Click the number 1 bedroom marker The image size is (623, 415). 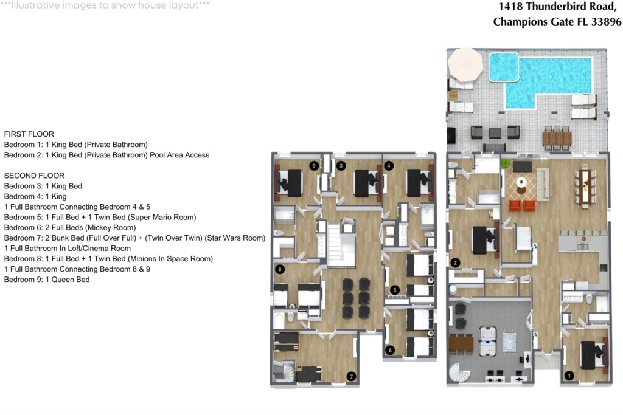569,375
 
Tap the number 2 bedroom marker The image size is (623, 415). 454,263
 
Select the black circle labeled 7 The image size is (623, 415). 350,376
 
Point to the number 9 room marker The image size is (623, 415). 314,165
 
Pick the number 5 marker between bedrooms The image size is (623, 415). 395,290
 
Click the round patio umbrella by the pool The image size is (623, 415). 465,64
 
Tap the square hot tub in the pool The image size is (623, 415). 503,67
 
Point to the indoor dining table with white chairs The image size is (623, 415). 586,186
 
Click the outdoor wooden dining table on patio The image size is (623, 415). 557,139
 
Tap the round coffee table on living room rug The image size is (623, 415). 521,182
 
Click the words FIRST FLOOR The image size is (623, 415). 29,134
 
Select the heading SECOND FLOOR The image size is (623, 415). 34,176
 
